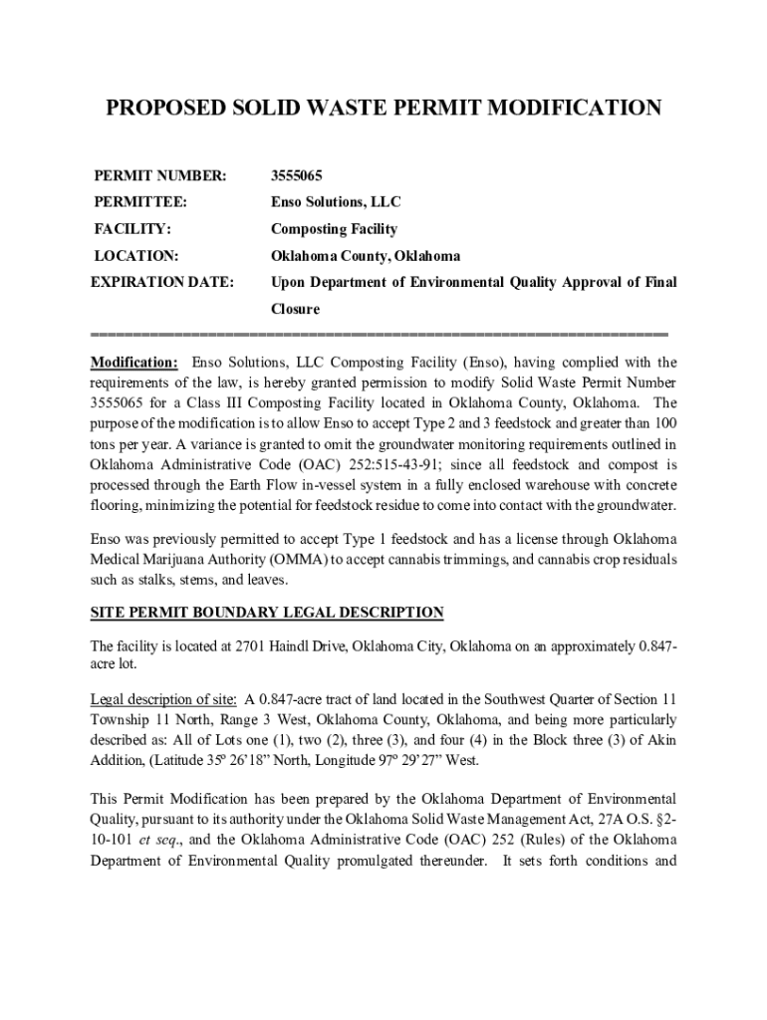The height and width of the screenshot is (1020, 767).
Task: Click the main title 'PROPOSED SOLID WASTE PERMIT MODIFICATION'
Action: pos(383,108)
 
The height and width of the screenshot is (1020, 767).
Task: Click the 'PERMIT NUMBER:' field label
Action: pos(160,176)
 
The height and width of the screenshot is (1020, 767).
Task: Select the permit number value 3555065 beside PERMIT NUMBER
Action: pos(297,176)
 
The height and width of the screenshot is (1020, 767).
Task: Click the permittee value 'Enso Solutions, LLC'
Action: pos(337,202)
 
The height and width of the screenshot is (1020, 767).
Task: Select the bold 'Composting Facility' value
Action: pos(335,229)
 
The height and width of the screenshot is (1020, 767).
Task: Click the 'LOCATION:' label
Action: pos(136,256)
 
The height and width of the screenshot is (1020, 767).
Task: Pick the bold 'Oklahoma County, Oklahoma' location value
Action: pos(366,256)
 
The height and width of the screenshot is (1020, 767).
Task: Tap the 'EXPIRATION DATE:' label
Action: pos(162,283)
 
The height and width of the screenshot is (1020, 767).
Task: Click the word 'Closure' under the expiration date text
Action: pos(296,309)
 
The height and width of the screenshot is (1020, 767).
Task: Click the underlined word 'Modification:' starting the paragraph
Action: pos(134,363)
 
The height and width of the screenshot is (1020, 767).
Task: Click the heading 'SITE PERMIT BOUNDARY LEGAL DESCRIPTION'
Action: pos(267,612)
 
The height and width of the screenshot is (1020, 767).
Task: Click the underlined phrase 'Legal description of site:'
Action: pos(163,697)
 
